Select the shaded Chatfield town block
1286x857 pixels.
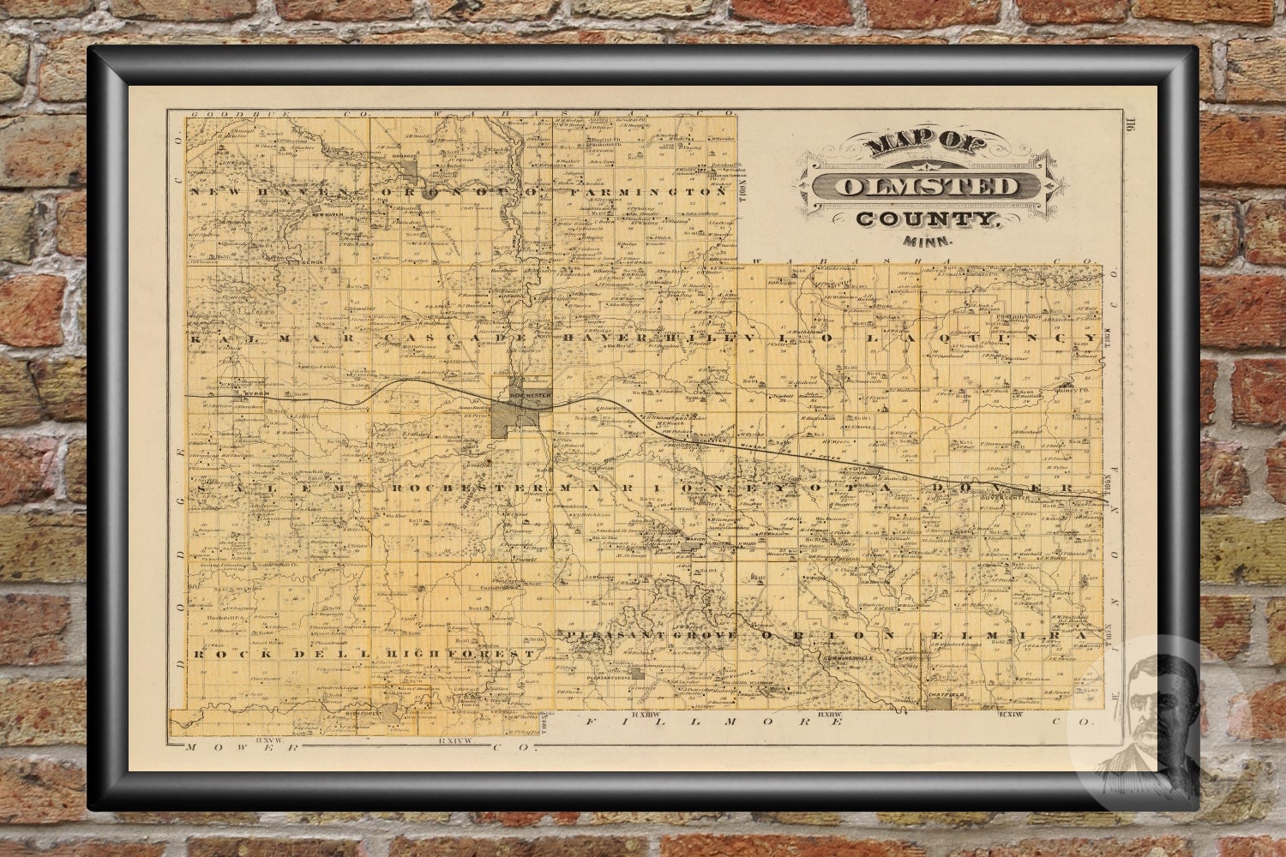pyautogui.click(x=939, y=703)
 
